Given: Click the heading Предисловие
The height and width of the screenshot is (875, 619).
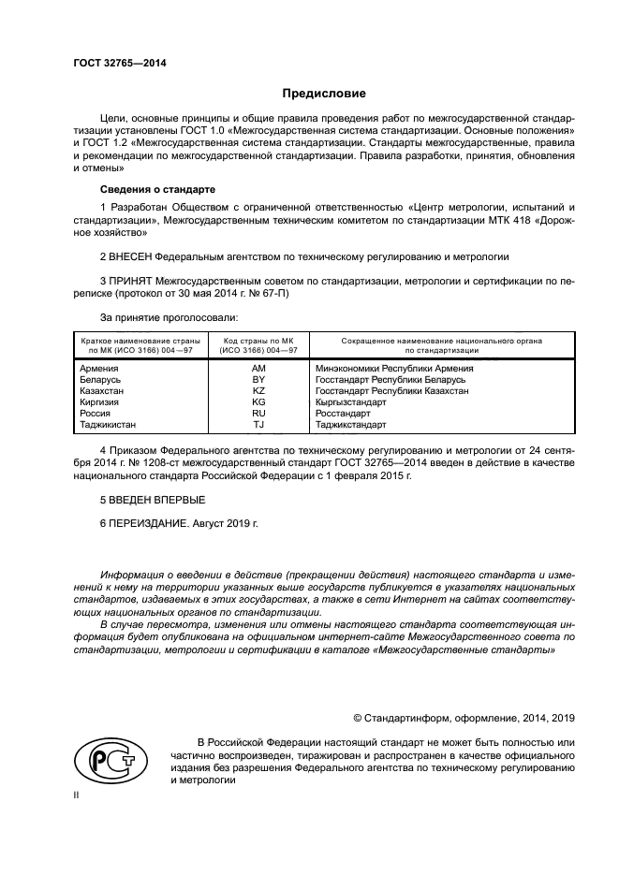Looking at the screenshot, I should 324,94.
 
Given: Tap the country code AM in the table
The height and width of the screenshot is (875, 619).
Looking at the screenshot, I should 258,369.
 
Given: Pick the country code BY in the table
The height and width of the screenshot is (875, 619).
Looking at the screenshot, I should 258,380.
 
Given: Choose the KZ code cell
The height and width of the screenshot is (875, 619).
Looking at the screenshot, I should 258,391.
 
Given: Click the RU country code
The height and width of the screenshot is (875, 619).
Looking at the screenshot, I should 258,413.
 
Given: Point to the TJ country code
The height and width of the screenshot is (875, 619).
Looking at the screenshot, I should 258,424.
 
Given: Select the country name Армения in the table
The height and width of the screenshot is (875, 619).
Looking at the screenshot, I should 100,369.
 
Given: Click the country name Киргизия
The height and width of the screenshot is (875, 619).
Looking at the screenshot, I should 102,401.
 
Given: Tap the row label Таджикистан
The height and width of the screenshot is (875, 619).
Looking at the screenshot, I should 109,424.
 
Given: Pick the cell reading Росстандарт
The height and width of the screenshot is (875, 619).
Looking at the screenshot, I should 344,413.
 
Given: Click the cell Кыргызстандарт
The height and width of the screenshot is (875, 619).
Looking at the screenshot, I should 351,401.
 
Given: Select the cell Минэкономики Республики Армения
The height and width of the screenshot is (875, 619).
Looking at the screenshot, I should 394,369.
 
